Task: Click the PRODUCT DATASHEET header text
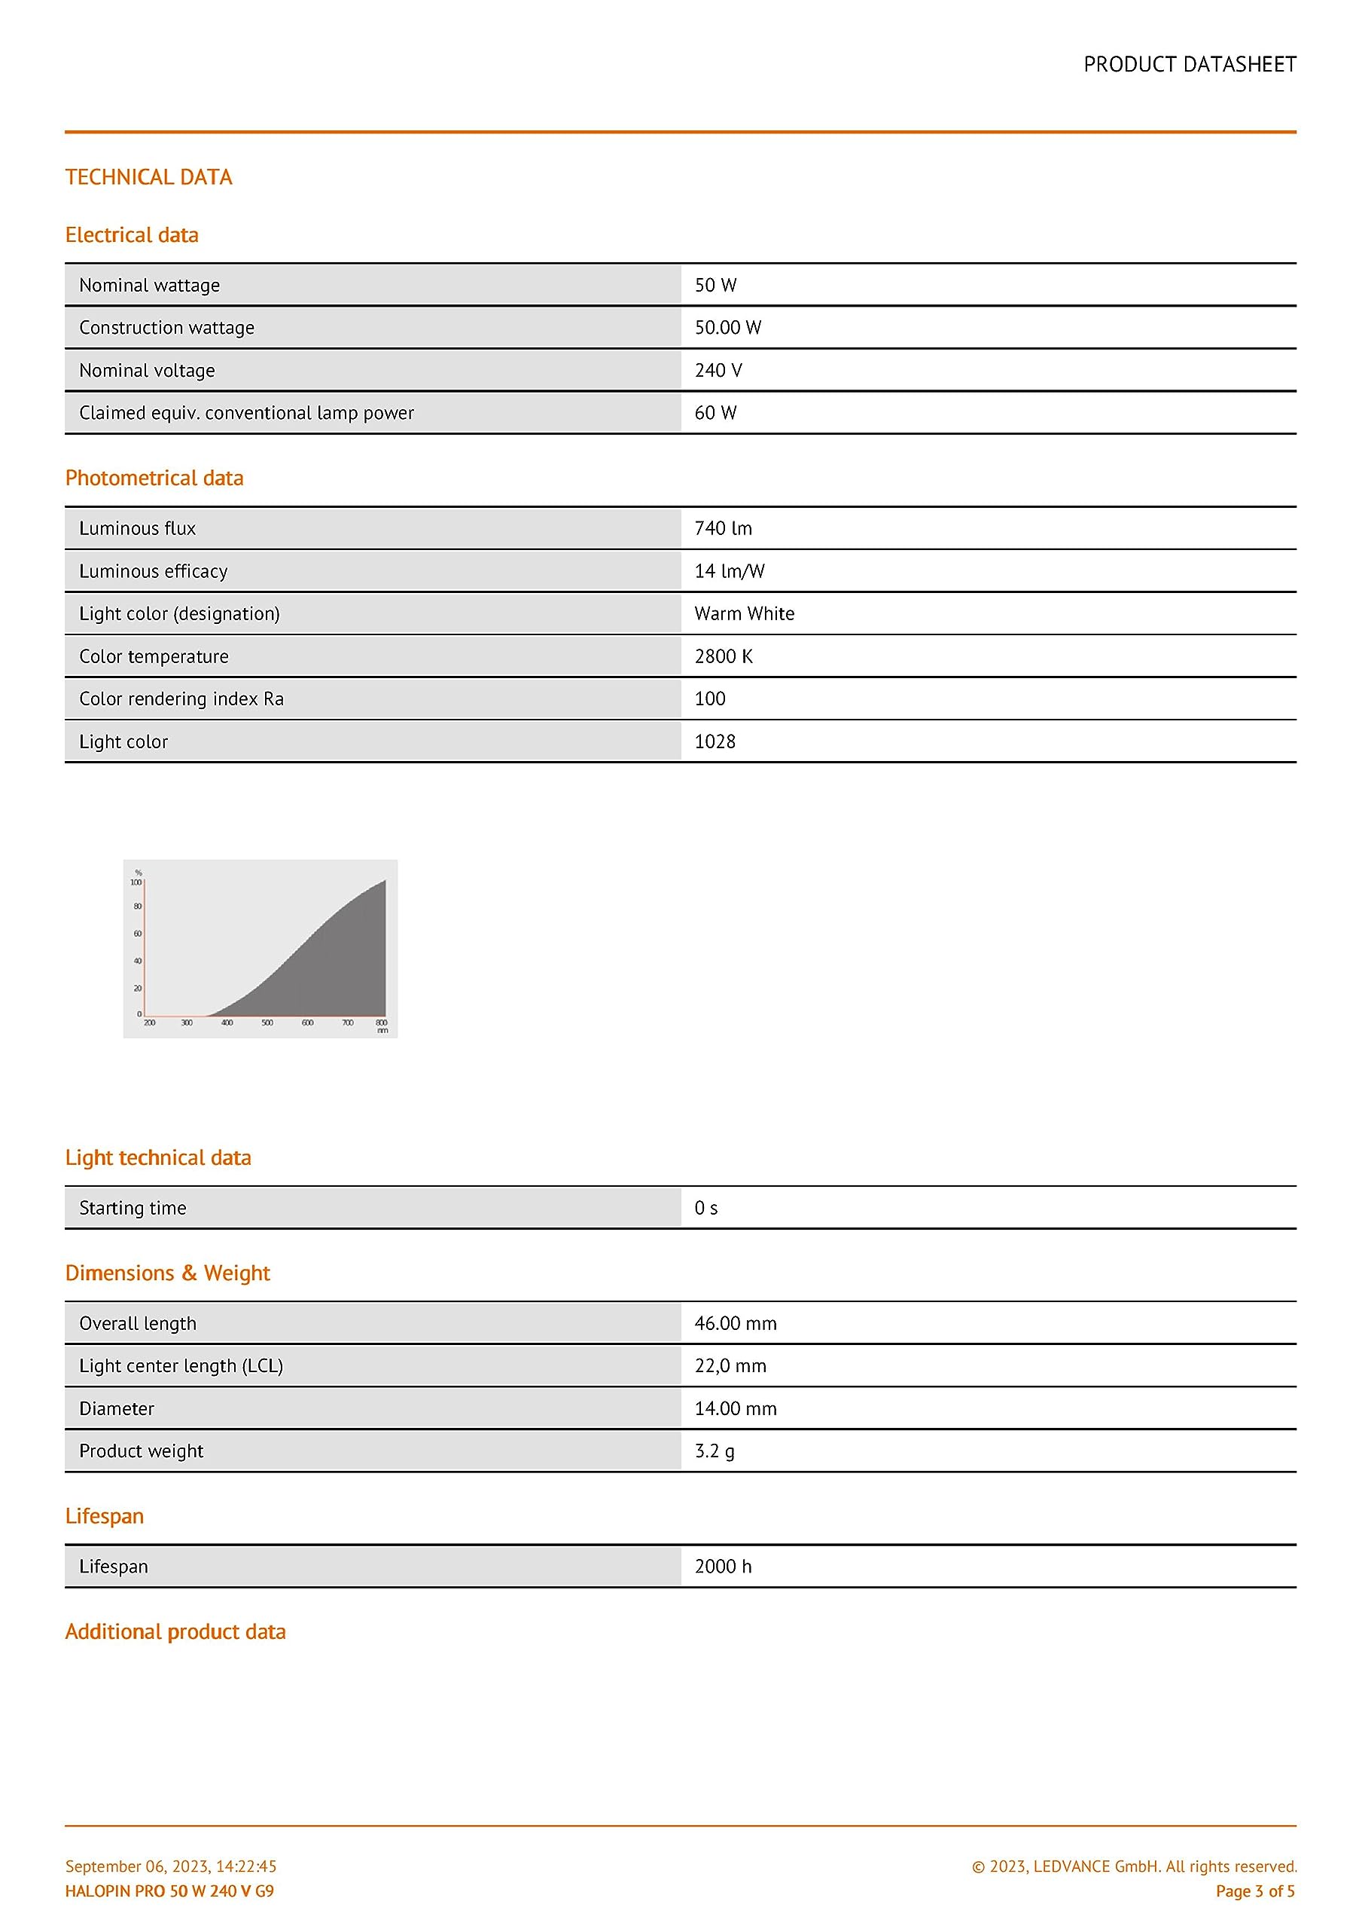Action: [1189, 65]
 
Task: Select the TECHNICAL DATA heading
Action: [148, 177]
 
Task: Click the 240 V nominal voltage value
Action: [718, 371]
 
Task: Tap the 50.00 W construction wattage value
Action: [727, 328]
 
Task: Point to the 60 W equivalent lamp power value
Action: [715, 412]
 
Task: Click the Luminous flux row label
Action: [137, 528]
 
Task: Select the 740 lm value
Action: [723, 528]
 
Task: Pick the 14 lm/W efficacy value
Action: [729, 571]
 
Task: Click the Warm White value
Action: [744, 613]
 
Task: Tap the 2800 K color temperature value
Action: [723, 656]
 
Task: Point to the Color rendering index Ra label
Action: [181, 699]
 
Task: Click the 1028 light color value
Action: [715, 742]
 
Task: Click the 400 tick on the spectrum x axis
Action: [227, 1023]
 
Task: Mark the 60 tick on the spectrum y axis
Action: [138, 934]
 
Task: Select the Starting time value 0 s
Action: [705, 1208]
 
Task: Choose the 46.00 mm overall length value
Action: [735, 1323]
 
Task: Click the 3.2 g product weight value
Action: [714, 1451]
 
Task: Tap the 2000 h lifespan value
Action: [723, 1566]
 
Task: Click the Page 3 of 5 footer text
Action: [1254, 1891]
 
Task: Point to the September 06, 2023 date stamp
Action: [170, 1866]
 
